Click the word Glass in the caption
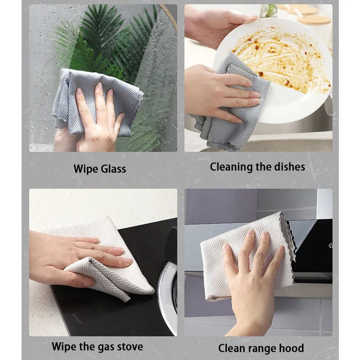click(x=113, y=169)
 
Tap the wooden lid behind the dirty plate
click(x=313, y=19)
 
